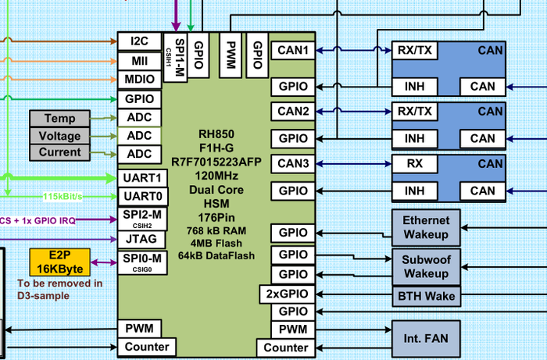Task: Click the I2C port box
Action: pos(140,41)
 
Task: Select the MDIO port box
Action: pos(140,80)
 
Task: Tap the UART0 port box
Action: pos(143,197)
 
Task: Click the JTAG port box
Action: pos(141,240)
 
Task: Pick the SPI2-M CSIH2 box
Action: pos(142,219)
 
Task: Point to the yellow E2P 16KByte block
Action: pos(60,262)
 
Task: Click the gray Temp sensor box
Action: pos(59,119)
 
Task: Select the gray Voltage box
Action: pos(59,136)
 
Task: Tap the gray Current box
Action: pos(59,152)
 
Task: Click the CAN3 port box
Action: pos(293,164)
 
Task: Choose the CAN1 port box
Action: pos(293,51)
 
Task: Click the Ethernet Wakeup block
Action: pos(426,227)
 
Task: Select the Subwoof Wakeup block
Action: pos(426,267)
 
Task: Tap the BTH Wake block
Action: pos(426,296)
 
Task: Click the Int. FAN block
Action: pos(426,338)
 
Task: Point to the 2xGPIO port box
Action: pos(287,294)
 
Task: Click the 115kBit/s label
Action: pos(63,197)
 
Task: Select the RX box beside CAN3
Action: pos(415,164)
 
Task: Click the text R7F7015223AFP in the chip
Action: pos(216,162)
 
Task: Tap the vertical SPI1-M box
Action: pos(175,58)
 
